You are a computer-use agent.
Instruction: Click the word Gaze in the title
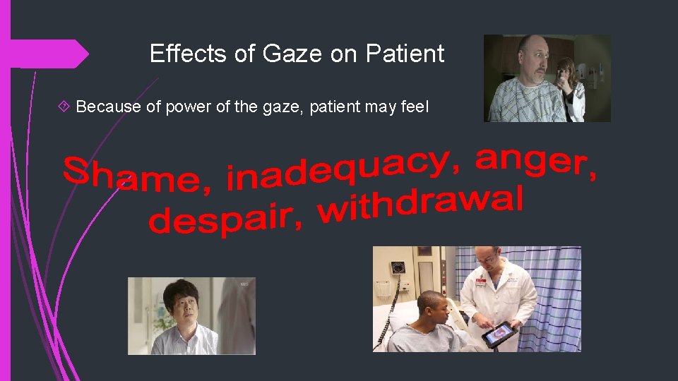292,54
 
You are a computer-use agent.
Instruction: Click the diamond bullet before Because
65,107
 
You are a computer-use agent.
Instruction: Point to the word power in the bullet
181,107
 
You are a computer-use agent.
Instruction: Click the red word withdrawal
420,205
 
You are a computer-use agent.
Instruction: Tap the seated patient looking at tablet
427,321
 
